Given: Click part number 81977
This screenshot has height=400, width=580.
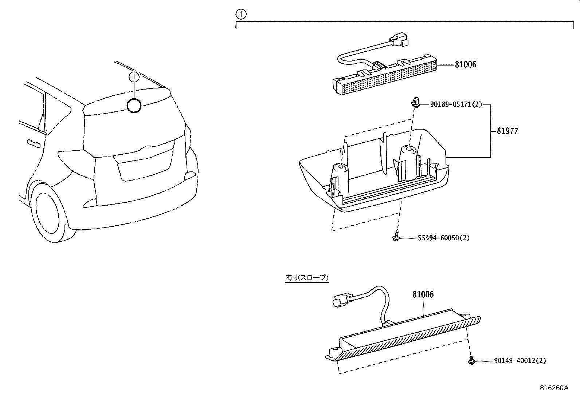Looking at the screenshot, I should click(x=507, y=131).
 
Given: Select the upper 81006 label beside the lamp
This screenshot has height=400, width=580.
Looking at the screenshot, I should click(x=465, y=65).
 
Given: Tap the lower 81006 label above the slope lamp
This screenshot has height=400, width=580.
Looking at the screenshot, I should click(x=423, y=294).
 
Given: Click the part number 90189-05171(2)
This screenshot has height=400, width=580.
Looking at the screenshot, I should click(x=456, y=105).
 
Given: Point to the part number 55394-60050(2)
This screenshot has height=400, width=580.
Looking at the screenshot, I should click(x=443, y=238).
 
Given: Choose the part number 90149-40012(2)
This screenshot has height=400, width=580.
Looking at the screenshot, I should click(x=520, y=361).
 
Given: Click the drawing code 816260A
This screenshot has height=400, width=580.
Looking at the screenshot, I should click(x=554, y=388).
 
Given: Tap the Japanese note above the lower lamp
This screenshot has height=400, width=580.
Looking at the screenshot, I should click(x=307, y=278).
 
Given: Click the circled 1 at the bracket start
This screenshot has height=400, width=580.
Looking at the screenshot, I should click(x=241, y=15).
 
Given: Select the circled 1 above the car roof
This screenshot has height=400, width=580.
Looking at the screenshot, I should click(x=134, y=77).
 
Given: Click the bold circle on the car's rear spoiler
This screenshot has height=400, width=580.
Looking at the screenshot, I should click(x=134, y=106).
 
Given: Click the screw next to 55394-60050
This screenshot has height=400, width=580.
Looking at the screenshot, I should click(x=396, y=236).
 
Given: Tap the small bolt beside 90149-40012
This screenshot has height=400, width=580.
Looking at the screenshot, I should click(x=471, y=360).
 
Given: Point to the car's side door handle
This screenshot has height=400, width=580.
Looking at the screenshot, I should click(x=33, y=142).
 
